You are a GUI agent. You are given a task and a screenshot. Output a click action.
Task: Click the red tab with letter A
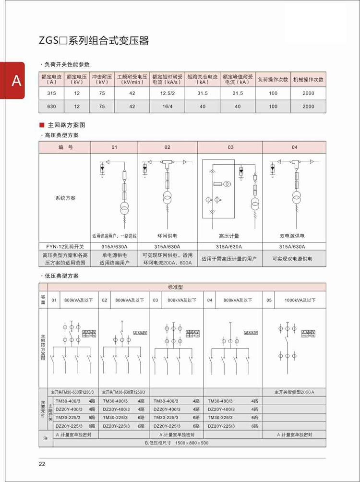(x=12, y=81)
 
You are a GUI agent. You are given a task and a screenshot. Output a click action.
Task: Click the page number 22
(x=42, y=464)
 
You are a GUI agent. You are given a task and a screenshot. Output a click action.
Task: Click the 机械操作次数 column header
(x=308, y=79)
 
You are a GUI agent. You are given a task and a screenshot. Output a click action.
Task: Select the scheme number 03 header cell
(x=230, y=147)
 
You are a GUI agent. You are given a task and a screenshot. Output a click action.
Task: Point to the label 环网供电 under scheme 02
(x=168, y=236)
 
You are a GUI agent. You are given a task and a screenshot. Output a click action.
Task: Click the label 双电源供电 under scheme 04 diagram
(x=292, y=236)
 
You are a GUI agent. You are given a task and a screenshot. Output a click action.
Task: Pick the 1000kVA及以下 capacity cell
(x=300, y=300)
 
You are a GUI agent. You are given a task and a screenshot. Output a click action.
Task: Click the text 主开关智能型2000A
(x=294, y=392)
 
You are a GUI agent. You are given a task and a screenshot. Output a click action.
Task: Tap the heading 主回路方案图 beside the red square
(x=66, y=125)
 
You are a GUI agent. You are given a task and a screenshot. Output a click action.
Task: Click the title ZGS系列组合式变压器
(x=94, y=41)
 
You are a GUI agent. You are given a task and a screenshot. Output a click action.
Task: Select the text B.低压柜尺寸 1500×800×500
(x=177, y=442)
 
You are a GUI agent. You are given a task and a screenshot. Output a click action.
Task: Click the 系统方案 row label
(x=65, y=198)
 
